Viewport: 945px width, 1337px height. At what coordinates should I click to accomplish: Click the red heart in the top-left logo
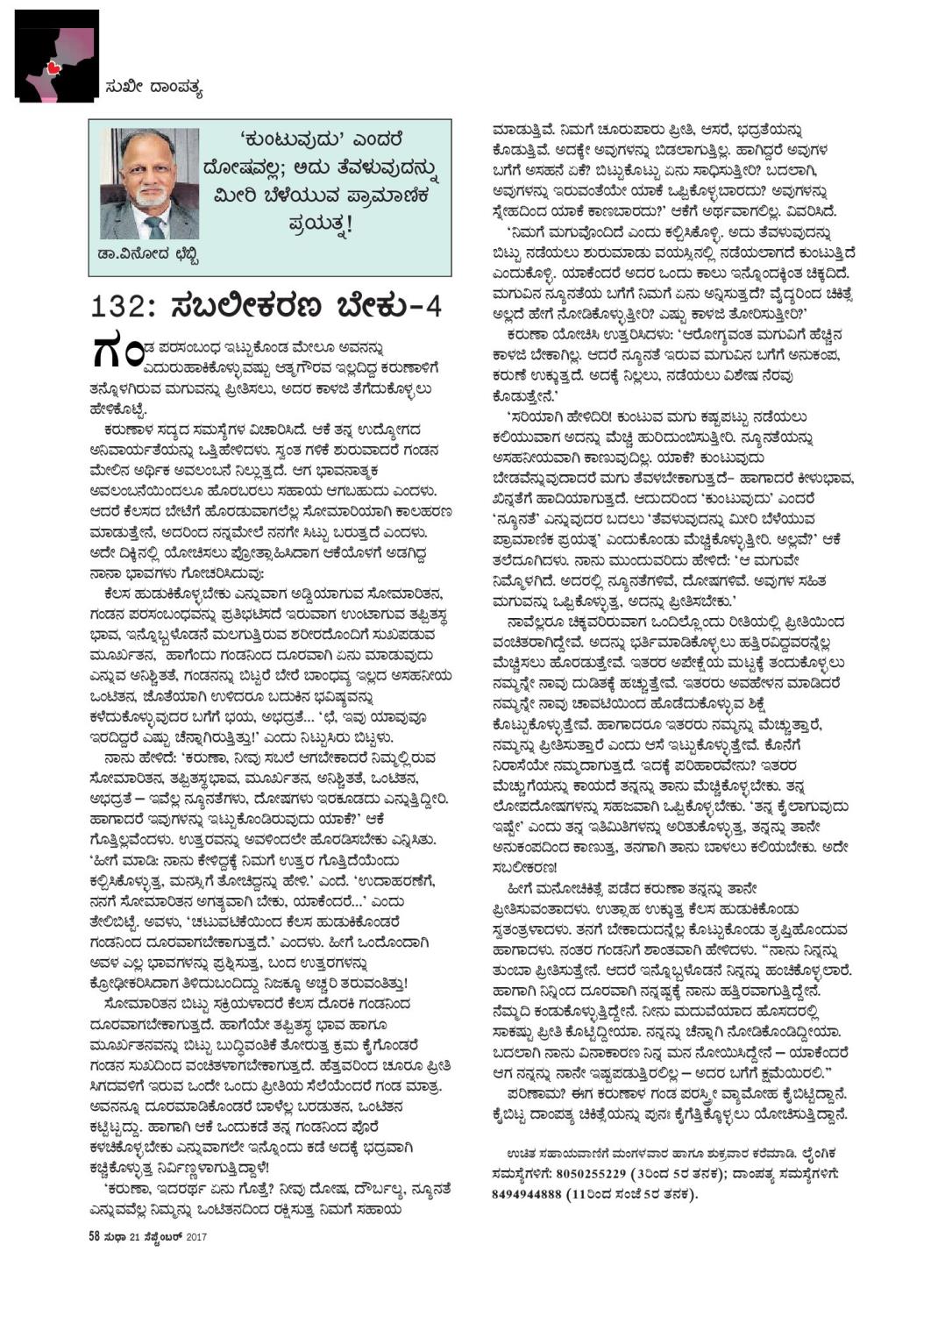click(53, 67)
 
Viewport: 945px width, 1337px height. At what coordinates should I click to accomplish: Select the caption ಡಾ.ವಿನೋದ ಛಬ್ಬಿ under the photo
click(143, 256)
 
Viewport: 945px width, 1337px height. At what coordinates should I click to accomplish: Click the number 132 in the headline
click(117, 307)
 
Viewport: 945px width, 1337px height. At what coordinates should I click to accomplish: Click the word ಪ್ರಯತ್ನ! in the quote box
click(321, 224)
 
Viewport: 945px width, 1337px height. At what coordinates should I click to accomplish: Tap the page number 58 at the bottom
click(94, 1236)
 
